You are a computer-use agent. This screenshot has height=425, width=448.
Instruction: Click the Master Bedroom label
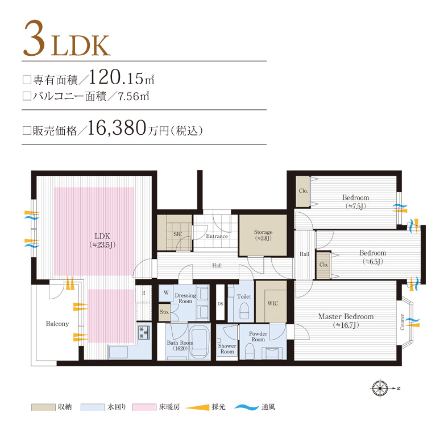[346, 316]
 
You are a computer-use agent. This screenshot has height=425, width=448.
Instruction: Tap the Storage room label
[263, 232]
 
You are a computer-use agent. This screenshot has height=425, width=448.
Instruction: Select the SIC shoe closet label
[178, 234]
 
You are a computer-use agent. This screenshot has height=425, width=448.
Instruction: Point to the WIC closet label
[272, 303]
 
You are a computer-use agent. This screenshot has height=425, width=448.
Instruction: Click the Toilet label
[244, 296]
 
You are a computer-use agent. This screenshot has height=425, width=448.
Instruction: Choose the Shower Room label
[227, 349]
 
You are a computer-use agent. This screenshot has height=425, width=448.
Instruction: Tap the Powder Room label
[258, 336]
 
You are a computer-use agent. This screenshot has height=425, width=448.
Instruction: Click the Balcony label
[57, 324]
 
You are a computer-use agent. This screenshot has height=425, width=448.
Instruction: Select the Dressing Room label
[185, 298]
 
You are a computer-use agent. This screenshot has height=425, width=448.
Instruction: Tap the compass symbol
[380, 388]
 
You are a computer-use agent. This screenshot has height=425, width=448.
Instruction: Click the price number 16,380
[117, 128]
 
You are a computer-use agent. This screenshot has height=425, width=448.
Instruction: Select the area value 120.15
[116, 77]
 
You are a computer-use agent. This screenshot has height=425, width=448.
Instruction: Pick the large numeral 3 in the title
[35, 38]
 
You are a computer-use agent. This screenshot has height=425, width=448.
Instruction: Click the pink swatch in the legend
[144, 407]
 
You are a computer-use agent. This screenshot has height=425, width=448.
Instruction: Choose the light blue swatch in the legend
[93, 407]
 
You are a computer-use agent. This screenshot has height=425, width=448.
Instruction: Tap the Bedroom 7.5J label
[356, 201]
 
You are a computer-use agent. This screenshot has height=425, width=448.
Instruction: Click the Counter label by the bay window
[402, 322]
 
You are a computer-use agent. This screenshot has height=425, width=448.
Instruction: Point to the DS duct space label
[220, 304]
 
